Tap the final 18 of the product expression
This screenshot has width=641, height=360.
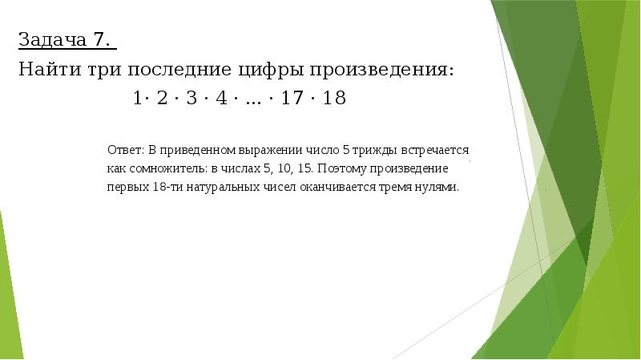tap(335, 99)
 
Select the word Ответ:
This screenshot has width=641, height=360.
tap(125, 150)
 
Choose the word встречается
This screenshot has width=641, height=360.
tap(438, 150)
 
